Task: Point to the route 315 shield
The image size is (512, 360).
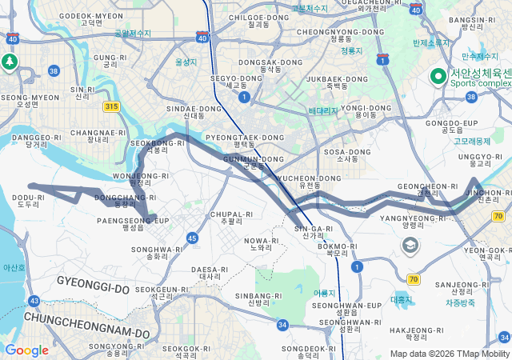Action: coord(111,106)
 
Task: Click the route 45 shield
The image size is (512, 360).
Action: coord(192,238)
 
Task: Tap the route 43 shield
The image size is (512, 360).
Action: coord(34,301)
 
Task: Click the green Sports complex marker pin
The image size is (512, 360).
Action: coord(438,76)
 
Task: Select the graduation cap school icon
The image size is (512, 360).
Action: coord(410,245)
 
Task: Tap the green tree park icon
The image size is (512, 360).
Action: coord(10,62)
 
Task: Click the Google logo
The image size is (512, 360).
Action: coord(26,350)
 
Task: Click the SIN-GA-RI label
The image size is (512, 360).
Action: coord(314,229)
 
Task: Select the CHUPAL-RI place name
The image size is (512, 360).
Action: coord(231,214)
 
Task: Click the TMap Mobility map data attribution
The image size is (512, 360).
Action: coord(450,354)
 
